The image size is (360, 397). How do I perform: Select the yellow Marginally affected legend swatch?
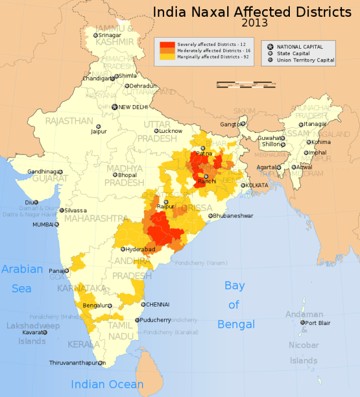tap(168, 57)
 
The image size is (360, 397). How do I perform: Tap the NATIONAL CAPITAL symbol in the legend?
tap(270, 46)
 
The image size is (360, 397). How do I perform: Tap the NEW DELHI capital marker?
tap(114, 107)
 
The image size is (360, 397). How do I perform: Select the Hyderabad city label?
tap(141, 249)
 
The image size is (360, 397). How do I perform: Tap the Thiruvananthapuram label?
tap(74, 363)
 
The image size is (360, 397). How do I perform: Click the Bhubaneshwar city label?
tap(233, 215)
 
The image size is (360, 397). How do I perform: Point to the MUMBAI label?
tap(42, 224)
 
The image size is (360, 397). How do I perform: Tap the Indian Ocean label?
tap(107, 384)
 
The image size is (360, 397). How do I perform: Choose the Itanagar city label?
tap(317, 124)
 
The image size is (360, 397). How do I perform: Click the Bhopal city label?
tap(128, 175)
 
